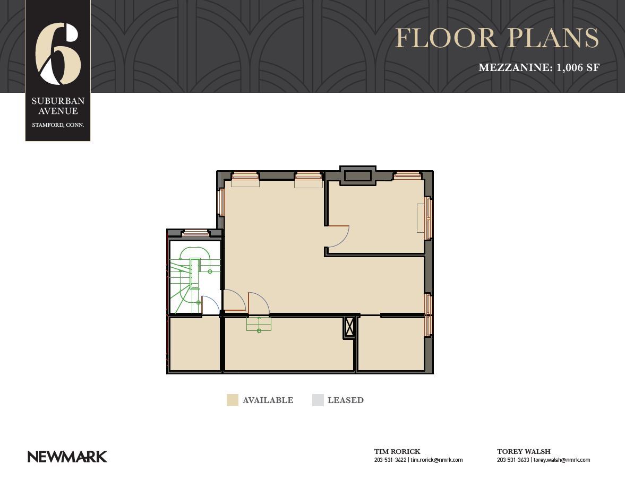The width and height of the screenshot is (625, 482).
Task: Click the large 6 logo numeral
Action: (x=58, y=54)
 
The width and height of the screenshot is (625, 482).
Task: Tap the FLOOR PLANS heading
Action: (x=497, y=38)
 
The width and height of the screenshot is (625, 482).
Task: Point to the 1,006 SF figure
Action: (x=578, y=68)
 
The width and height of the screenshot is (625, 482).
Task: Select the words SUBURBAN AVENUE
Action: (x=58, y=106)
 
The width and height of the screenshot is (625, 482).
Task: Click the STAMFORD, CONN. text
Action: (x=58, y=125)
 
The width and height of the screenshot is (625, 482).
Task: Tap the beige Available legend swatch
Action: (x=233, y=400)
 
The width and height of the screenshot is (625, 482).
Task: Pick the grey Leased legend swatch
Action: (x=318, y=400)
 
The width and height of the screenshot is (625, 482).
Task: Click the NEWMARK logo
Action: (x=67, y=457)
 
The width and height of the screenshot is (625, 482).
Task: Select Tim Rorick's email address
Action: (x=436, y=460)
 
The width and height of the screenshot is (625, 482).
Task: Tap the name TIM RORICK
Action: (x=397, y=451)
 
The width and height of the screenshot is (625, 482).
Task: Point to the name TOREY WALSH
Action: (x=524, y=451)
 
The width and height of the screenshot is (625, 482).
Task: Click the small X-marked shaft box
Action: (x=349, y=328)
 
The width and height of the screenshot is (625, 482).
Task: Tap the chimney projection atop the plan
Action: (x=357, y=176)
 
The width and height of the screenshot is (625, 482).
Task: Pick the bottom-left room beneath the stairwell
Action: (x=195, y=344)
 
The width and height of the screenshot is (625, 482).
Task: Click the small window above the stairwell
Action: (x=196, y=233)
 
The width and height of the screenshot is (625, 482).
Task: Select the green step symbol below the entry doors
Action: (x=259, y=324)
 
